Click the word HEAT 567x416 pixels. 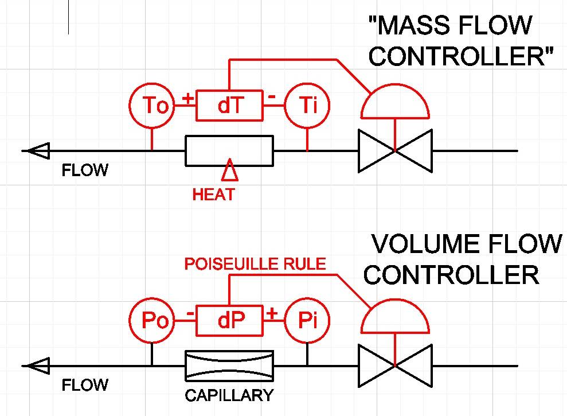[x=213, y=195]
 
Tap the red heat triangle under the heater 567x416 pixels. [x=229, y=170]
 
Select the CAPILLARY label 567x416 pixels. [x=229, y=395]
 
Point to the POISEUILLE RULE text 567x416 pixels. [x=255, y=264]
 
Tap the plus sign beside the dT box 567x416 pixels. [x=187, y=99]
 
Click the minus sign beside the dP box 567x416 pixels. [x=190, y=313]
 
